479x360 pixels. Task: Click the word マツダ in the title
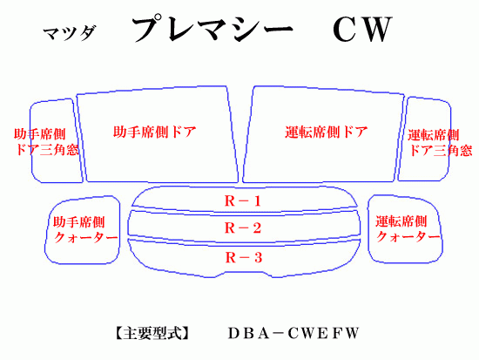[70, 33]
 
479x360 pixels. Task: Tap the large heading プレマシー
[213, 29]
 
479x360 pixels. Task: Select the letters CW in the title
[362, 30]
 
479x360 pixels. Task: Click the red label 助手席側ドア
[154, 132]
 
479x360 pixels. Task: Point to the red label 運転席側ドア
[327, 132]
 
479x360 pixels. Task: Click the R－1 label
[243, 201]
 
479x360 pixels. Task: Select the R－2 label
[243, 228]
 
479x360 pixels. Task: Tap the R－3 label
[244, 257]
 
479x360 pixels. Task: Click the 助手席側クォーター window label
[85, 230]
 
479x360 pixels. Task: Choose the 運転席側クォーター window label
[408, 229]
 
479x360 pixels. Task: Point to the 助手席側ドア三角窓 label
[46, 142]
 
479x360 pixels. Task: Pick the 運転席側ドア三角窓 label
[440, 143]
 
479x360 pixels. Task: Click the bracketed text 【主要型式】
[152, 333]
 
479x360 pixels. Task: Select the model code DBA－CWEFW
[293, 333]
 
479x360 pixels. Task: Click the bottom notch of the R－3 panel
[244, 272]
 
